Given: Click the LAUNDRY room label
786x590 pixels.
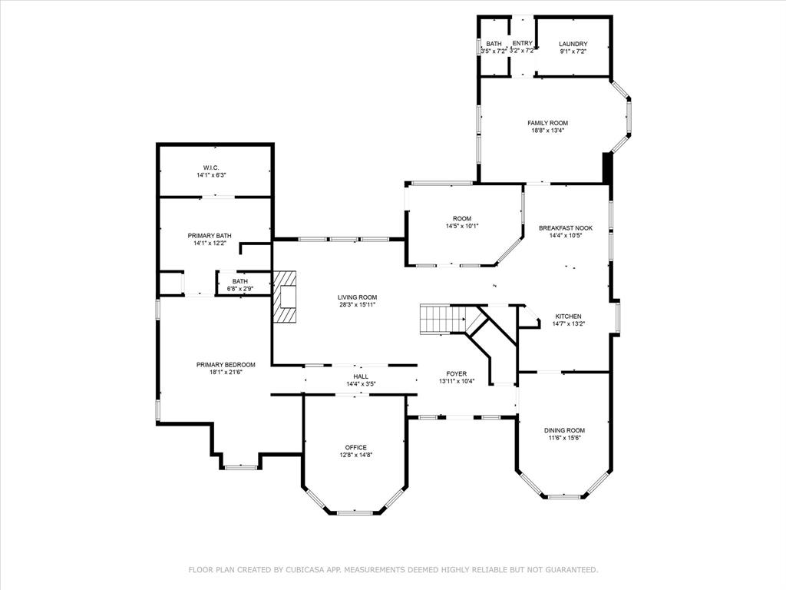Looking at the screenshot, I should [x=573, y=44].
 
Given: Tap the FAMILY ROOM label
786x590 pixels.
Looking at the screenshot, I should [x=547, y=123].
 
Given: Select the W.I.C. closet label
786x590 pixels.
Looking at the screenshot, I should [x=211, y=167].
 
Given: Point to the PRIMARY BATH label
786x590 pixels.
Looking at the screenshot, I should [x=210, y=236].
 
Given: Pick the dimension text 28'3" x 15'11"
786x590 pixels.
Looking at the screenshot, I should [x=358, y=304].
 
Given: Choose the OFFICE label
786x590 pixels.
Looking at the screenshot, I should [x=355, y=447].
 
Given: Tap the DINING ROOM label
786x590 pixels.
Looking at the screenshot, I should [x=565, y=430].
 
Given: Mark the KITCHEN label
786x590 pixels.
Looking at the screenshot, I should [x=569, y=316].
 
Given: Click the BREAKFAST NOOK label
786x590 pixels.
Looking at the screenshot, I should [x=566, y=228].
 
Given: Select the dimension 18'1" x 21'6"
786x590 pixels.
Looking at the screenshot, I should [x=226, y=373].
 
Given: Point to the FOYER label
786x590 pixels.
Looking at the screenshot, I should [x=457, y=373].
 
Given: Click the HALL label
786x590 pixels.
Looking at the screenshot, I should [x=361, y=376].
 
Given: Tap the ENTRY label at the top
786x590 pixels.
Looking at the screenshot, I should [x=522, y=44].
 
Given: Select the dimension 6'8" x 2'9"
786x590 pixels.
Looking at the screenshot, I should [x=240, y=289].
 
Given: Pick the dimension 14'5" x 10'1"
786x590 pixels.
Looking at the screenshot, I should [x=462, y=226].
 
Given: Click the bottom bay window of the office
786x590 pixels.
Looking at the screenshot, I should [x=355, y=512].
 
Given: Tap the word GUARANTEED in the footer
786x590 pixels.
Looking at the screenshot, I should [x=567, y=570].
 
